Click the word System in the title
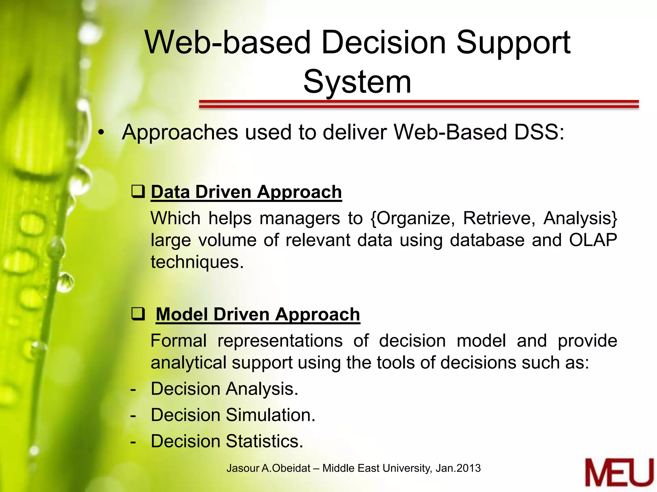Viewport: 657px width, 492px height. [x=357, y=82]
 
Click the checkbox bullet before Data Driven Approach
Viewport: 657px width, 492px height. [x=138, y=192]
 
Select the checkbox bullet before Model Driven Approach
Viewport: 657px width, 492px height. [x=138, y=314]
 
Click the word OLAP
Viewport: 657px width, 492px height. [x=593, y=240]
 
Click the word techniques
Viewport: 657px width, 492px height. [x=197, y=262]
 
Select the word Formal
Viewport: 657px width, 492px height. [x=178, y=341]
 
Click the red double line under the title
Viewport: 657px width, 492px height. [x=419, y=104]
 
